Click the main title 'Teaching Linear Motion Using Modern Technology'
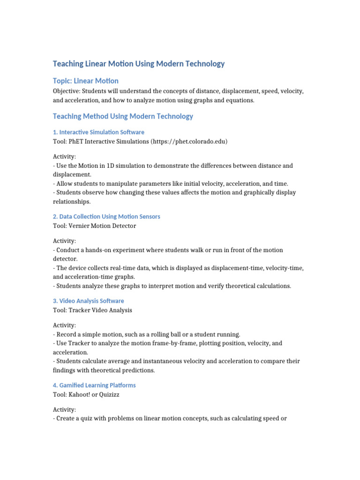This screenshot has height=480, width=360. [139, 64]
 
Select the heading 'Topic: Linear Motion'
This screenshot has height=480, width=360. [86, 81]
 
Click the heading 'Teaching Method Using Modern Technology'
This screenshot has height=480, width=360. [123, 116]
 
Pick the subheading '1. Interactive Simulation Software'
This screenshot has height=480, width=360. [98, 132]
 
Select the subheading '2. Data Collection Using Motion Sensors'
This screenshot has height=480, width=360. [106, 217]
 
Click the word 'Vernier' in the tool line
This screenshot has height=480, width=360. [80, 225]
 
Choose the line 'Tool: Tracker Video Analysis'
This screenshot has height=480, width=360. [92, 310]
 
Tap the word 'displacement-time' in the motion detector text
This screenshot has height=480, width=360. [238, 268]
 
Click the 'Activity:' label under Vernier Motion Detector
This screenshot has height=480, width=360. [64, 240]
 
